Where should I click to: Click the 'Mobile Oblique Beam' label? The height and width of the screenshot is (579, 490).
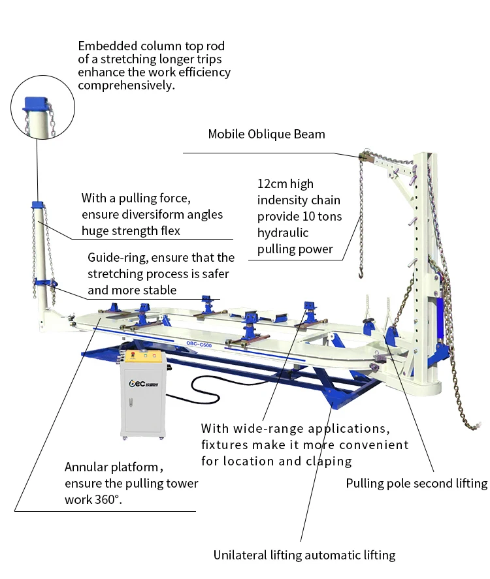tap(267, 134)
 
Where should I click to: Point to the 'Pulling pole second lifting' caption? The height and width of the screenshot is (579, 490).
tap(416, 484)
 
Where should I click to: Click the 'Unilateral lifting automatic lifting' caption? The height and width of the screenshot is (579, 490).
tap(304, 556)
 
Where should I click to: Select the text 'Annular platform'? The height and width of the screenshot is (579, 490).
tap(111, 467)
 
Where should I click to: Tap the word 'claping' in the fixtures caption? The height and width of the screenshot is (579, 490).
tap(330, 462)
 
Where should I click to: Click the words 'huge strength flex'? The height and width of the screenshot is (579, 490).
tap(131, 230)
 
